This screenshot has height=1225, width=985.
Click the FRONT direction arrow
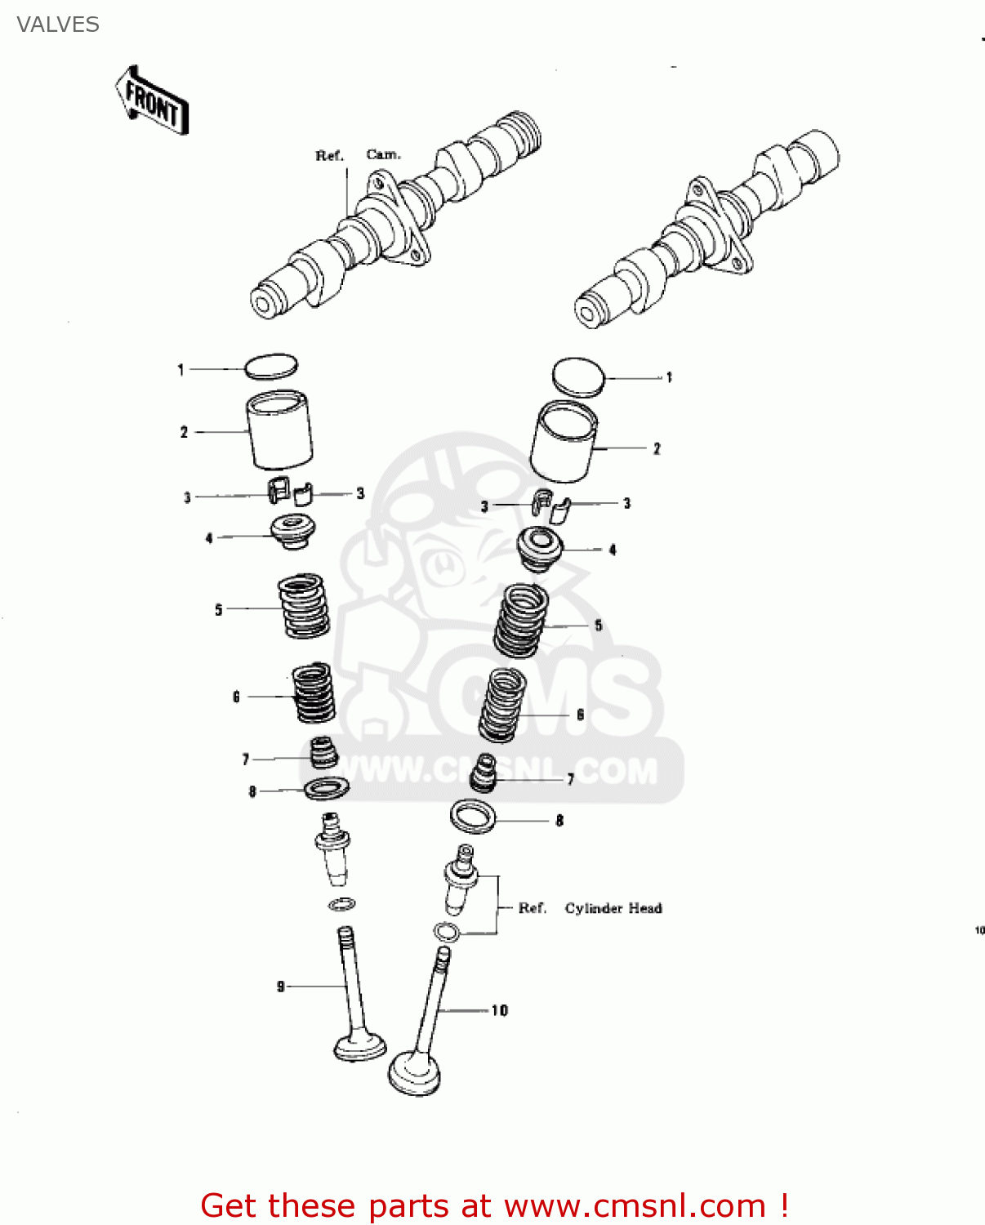pyautogui.click(x=151, y=100)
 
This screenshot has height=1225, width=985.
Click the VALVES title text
pyautogui.click(x=58, y=25)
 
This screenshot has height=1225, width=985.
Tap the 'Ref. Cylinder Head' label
pyautogui.click(x=590, y=908)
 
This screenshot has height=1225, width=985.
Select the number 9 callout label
pyautogui.click(x=281, y=987)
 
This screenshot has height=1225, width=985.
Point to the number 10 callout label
pyautogui.click(x=499, y=1010)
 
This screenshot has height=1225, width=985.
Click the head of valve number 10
pyautogui.click(x=414, y=1074)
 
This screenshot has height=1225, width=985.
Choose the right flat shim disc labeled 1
pyautogui.click(x=578, y=377)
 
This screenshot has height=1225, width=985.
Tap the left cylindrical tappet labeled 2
pyautogui.click(x=279, y=430)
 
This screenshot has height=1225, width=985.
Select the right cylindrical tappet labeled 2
pyautogui.click(x=564, y=441)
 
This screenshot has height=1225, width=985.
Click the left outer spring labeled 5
pyautogui.click(x=304, y=606)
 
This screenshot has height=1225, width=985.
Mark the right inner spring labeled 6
pyautogui.click(x=502, y=705)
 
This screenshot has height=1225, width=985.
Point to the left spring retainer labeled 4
pyautogui.click(x=293, y=532)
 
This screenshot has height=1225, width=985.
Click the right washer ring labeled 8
pyautogui.click(x=473, y=817)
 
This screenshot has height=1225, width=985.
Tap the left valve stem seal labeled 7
pyautogui.click(x=324, y=752)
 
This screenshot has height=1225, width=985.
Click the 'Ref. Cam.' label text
pyautogui.click(x=358, y=155)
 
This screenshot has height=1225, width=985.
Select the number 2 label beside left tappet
pyautogui.click(x=184, y=432)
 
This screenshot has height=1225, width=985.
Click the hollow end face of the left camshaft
pyautogui.click(x=264, y=304)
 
